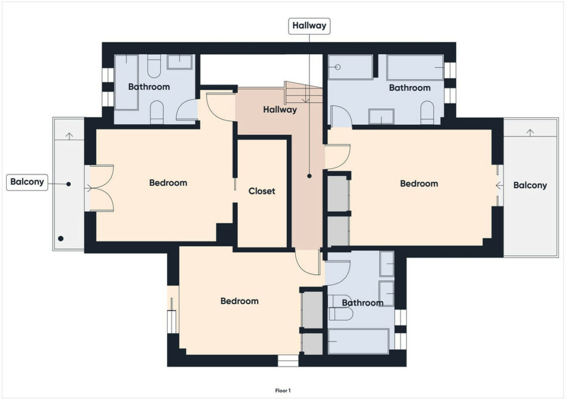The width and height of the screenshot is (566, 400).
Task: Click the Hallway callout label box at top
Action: pos(309,26)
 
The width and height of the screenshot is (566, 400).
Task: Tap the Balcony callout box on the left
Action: pos(27,182)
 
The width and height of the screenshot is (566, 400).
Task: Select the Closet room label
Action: pos(261,191)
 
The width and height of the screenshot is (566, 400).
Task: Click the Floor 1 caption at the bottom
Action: pos(283,391)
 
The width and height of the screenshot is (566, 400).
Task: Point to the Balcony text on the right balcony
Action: pos(530,186)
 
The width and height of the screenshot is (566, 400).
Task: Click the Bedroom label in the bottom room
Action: pos(239,301)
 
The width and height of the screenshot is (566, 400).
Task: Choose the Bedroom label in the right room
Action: pos(419,183)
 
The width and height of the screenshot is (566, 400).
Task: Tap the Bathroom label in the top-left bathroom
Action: pos(149,87)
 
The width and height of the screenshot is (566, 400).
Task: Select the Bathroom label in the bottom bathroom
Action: pos(363,303)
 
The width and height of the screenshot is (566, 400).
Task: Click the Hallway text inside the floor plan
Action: pos(280,109)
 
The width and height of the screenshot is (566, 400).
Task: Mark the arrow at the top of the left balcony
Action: pos(69,135)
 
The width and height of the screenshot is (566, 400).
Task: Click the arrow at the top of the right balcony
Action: pos(530,133)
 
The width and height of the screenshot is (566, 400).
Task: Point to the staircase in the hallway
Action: pos(303,93)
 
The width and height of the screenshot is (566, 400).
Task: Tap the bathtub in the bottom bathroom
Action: pos(358,341)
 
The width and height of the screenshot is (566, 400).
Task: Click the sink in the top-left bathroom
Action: pos(180,62)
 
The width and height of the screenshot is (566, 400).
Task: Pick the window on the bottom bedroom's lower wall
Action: pos(288,361)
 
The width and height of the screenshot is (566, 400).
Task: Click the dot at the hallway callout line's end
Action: pos(310,176)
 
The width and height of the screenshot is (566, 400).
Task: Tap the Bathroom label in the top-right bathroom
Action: pos(410,88)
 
